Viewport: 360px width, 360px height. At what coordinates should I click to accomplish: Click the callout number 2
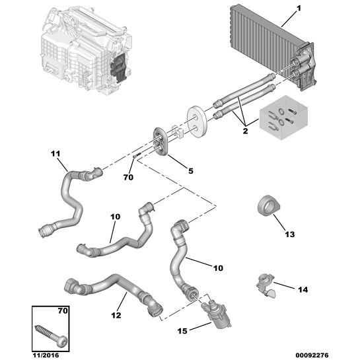pos(246,131)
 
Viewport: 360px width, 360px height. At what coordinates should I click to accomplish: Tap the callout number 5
pos(191,170)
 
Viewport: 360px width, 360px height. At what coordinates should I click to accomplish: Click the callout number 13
pos(290,234)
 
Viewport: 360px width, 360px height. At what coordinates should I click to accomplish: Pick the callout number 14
pos(301,289)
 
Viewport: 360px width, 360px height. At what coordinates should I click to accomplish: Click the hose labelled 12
pos(112,289)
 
